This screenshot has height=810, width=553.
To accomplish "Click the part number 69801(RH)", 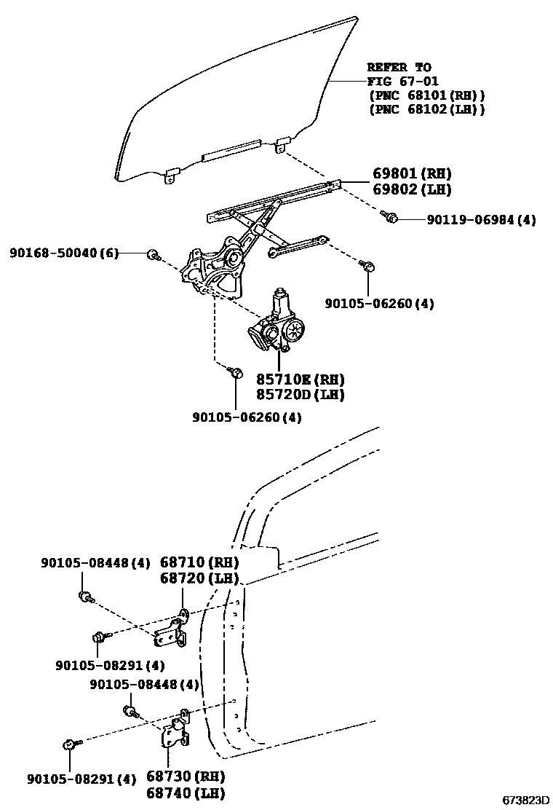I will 412,173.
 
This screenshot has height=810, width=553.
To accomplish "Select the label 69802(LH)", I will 412,189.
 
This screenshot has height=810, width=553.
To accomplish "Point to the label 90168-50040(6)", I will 64,253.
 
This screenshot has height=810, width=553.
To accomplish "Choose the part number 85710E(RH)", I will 300,380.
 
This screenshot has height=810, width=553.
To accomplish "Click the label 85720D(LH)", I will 300,395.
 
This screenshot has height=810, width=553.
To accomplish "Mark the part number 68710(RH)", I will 199,562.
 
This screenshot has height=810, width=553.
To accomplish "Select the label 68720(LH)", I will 199,578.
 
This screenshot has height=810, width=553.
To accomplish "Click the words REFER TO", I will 399,67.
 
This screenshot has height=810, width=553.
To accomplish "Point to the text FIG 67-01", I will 402,81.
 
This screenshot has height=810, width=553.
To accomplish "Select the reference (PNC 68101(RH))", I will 426,95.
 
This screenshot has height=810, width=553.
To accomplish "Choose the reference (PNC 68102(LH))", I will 426,109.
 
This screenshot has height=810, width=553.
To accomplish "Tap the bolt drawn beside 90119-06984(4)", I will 391,216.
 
